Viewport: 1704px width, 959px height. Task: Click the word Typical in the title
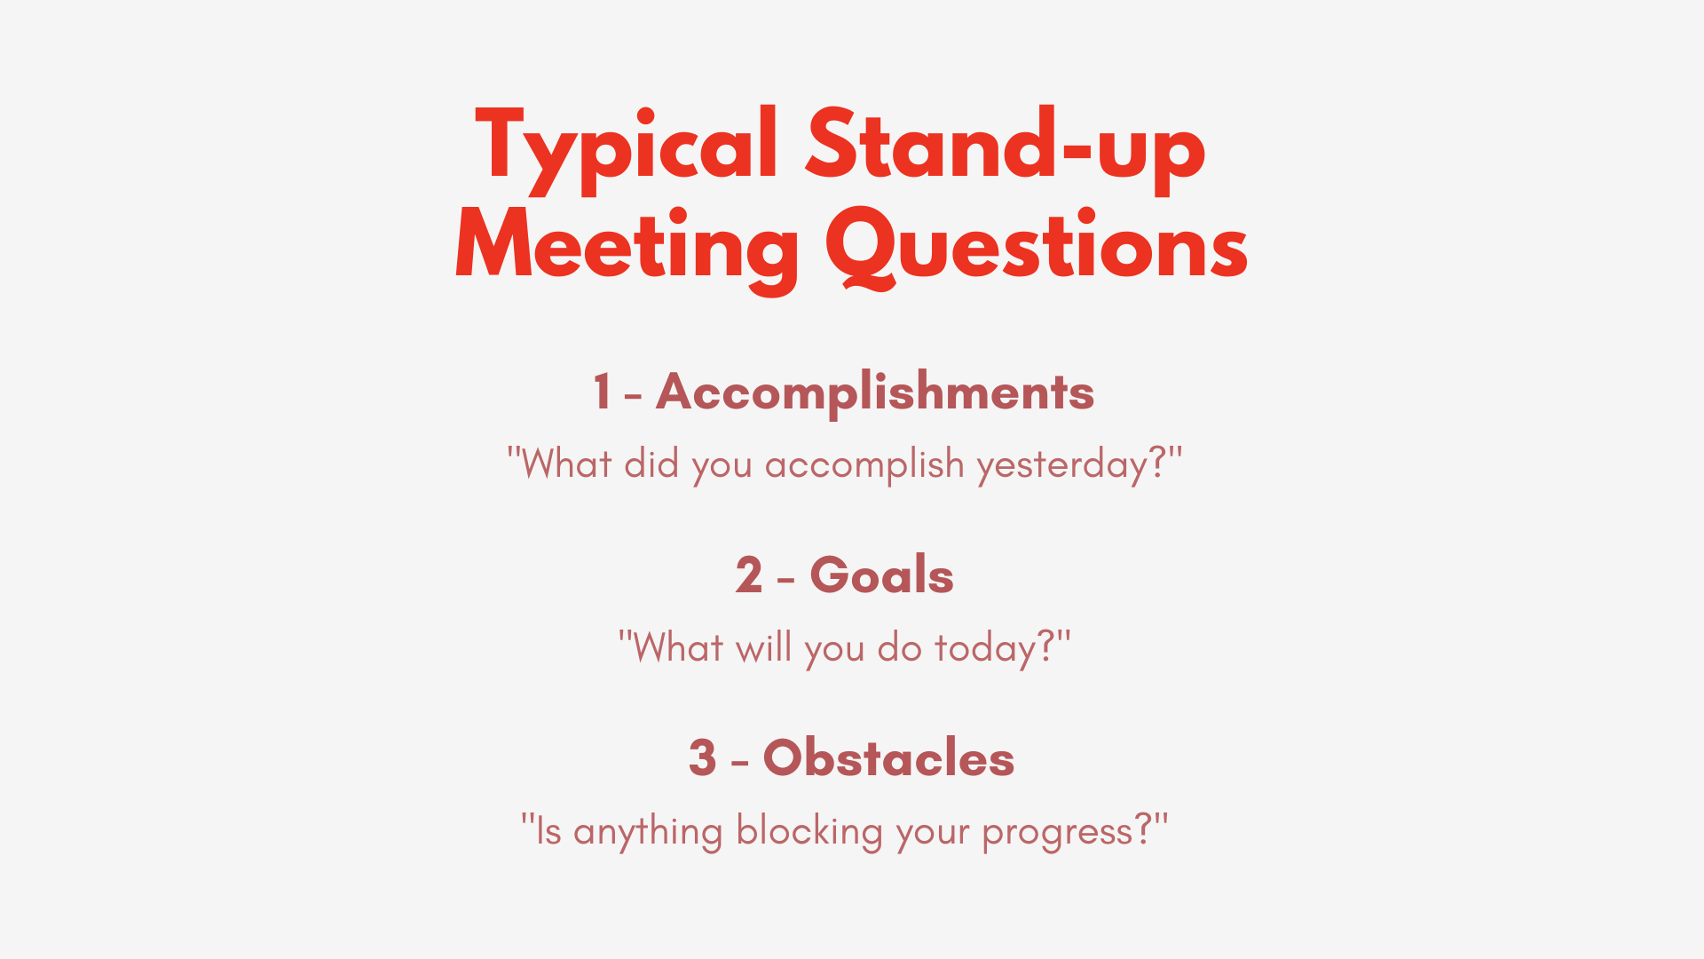(627, 147)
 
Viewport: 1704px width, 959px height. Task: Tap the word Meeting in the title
(627, 247)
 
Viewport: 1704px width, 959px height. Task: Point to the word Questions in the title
(1037, 247)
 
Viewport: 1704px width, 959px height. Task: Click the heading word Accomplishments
(875, 392)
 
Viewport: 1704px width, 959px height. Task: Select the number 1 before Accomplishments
(602, 392)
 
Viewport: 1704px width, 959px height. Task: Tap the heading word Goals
(881, 575)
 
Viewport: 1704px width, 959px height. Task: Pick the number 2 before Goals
(748, 575)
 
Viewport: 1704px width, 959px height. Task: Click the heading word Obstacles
(888, 758)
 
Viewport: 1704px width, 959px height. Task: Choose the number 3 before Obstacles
(702, 758)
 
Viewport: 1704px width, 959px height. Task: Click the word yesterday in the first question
(1061, 464)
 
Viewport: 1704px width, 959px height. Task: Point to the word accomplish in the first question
(864, 464)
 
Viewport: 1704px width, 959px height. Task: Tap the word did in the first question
(651, 464)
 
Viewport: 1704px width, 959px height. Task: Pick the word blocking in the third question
(809, 832)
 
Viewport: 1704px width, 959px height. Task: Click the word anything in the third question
(648, 832)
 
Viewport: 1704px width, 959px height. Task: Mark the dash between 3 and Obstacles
(740, 762)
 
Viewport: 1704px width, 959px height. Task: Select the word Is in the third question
(548, 831)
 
